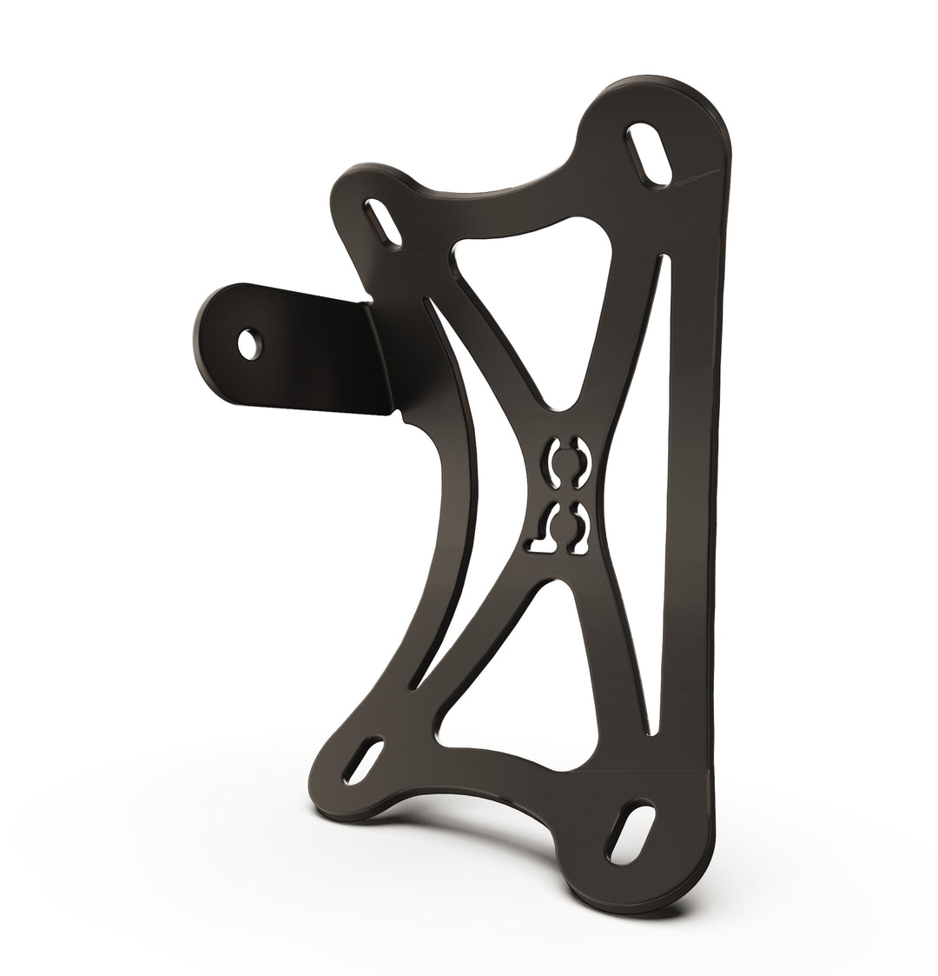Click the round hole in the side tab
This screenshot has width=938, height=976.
[x=249, y=342]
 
